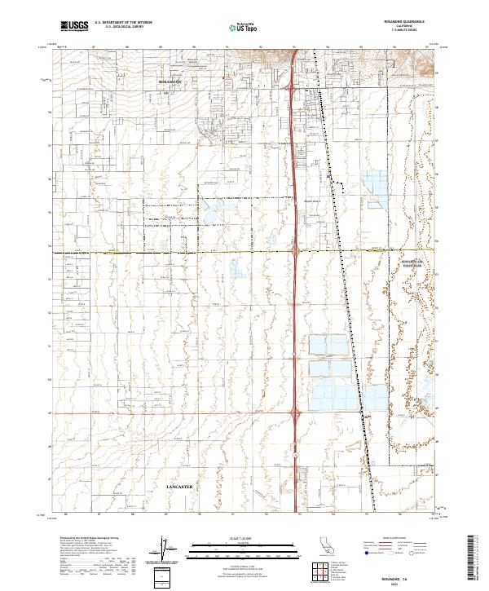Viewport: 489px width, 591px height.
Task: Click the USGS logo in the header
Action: coord(75,26)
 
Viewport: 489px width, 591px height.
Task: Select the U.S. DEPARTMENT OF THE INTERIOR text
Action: coord(123,23)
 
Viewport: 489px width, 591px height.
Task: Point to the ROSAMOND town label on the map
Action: coord(170,82)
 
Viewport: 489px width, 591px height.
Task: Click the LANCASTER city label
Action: coord(179,486)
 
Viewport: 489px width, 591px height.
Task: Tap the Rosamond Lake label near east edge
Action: coord(416,264)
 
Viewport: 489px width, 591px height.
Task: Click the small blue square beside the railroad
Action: coord(328,175)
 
